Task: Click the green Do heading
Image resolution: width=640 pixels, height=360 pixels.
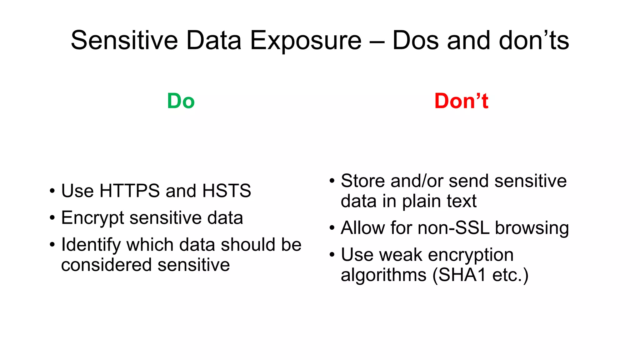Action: tap(181, 101)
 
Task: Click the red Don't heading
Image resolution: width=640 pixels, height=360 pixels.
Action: tap(461, 101)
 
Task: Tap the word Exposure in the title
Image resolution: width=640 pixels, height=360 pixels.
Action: tap(306, 41)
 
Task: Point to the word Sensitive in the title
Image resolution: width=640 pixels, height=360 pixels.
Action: tap(124, 41)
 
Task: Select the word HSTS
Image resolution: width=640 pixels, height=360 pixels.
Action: tap(227, 191)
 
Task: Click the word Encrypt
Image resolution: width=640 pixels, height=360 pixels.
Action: tap(93, 218)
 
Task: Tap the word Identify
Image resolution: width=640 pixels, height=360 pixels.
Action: tap(91, 245)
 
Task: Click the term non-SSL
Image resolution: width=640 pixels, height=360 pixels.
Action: tap(453, 228)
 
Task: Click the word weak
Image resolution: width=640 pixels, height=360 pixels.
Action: tap(401, 255)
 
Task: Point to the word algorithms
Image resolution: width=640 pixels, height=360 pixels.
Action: tap(383, 275)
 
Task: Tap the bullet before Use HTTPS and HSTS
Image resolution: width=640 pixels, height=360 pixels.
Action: tap(52, 191)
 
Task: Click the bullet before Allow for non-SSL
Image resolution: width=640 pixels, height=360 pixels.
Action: tap(332, 228)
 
